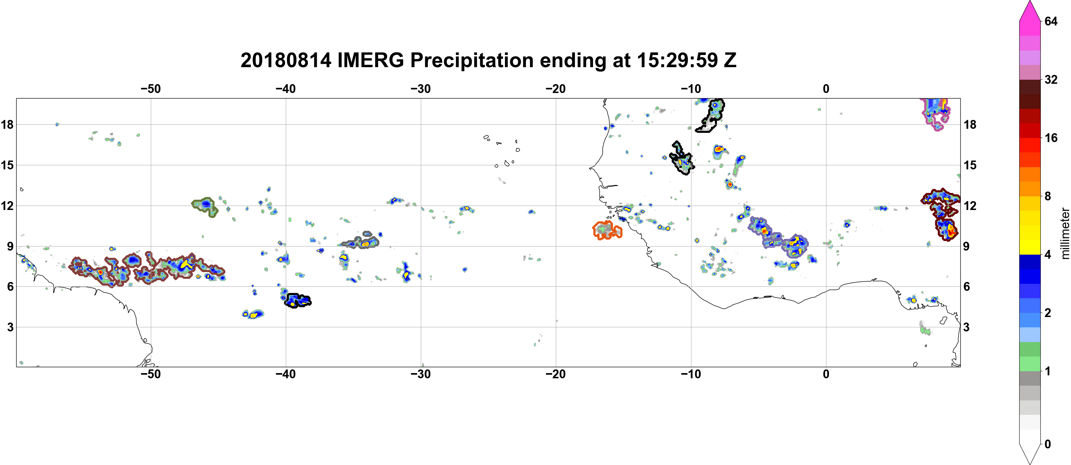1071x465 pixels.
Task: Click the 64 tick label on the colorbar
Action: [x=1051, y=21]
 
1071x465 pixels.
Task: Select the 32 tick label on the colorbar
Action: [x=1051, y=79]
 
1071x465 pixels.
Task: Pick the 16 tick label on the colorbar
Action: [x=1051, y=138]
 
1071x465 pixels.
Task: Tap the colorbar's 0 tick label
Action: [x=1048, y=444]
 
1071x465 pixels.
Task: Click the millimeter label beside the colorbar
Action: [x=1065, y=233]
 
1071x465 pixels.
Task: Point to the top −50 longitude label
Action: [x=150, y=89]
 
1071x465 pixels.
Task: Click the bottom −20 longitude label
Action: [x=555, y=374]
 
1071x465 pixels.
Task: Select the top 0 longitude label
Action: [x=826, y=89]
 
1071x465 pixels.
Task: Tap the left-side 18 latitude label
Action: [x=7, y=124]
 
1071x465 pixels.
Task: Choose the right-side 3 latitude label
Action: [x=966, y=327]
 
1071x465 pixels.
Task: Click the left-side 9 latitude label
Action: [x=10, y=246]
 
